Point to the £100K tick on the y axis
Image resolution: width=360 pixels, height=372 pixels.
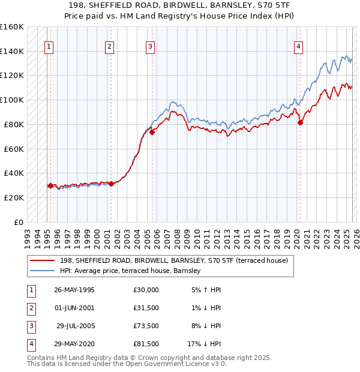(12, 100)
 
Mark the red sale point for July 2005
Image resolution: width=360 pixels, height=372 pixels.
(152, 132)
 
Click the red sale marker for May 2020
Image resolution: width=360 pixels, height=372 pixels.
(301, 122)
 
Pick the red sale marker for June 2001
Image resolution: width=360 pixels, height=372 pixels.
(112, 184)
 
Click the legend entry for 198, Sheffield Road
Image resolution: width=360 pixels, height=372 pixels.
(174, 260)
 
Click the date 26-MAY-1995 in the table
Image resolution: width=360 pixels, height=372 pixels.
(74, 290)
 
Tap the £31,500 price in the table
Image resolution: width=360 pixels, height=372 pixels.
(146, 307)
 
